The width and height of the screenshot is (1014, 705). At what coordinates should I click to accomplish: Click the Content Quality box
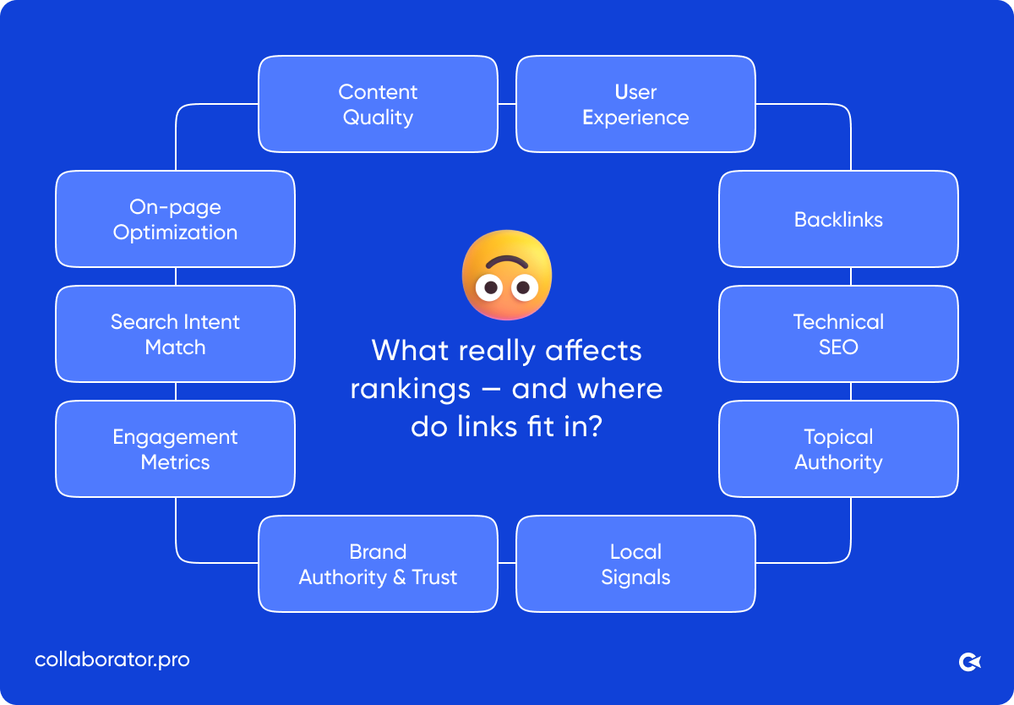378,104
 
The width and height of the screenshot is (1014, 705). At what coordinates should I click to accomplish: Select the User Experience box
635,104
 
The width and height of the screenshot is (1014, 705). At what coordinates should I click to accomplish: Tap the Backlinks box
838,219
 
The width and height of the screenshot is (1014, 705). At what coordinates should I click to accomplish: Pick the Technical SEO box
838,334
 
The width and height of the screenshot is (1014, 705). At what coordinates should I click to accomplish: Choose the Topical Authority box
838,449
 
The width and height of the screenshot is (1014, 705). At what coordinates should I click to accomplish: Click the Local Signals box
635,564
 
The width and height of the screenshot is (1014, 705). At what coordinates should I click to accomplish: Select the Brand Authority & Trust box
378,564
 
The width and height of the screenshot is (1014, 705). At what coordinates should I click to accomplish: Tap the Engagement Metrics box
175,449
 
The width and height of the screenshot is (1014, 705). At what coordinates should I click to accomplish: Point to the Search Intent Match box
175,334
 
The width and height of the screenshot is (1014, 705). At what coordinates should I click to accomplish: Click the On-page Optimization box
175,219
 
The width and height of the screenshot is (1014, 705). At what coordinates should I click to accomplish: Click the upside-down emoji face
507,275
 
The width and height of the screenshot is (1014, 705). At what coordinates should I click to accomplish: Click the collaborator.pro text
112,659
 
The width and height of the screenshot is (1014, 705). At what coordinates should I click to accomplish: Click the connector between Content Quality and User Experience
507,104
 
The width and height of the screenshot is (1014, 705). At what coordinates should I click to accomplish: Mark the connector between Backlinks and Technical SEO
851,276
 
